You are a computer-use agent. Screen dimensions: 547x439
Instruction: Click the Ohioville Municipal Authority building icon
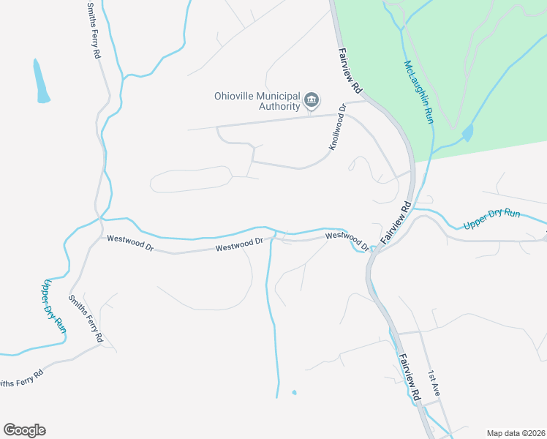[x=312, y=100]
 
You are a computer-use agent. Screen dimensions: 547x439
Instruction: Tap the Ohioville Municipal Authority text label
[x=257, y=101]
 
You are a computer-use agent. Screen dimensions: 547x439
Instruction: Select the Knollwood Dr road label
[x=337, y=128]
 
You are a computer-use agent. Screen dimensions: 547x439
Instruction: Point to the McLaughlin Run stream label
[x=418, y=91]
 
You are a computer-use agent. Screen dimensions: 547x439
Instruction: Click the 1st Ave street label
[x=434, y=384]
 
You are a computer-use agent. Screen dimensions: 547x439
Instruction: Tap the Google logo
[x=24, y=430]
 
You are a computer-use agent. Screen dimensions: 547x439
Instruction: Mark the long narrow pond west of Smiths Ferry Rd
[x=41, y=81]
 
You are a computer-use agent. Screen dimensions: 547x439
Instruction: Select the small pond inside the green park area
[x=467, y=133]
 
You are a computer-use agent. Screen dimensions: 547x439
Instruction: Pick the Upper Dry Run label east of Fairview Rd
[x=491, y=217]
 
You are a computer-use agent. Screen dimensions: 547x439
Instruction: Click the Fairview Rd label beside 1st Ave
[x=410, y=376]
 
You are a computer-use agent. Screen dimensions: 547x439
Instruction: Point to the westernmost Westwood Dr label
[x=129, y=243]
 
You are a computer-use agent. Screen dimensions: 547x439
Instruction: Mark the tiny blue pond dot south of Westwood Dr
[x=294, y=393]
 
